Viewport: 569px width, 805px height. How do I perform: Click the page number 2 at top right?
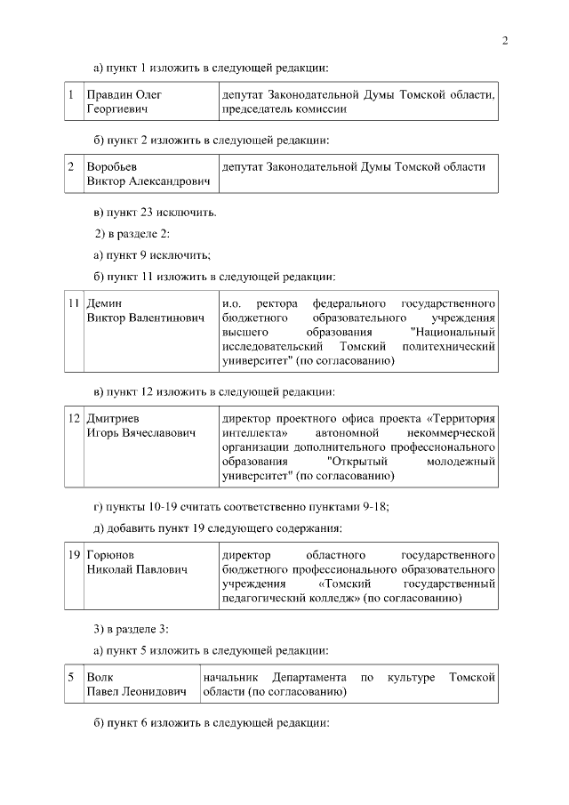[x=504, y=40]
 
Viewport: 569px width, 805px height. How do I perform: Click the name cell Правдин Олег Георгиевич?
[x=124, y=101]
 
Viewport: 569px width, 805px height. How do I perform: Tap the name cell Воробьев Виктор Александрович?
[x=148, y=173]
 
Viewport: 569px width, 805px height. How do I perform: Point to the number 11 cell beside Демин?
[x=75, y=303]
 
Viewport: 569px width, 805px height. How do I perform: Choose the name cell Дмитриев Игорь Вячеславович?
[x=140, y=425]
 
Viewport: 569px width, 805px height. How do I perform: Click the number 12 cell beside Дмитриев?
[x=75, y=418]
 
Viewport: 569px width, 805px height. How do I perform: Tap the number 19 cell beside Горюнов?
[x=75, y=555]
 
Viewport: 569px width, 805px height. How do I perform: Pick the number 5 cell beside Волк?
[x=71, y=678]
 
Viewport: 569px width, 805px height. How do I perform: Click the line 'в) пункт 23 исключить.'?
[x=155, y=213]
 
